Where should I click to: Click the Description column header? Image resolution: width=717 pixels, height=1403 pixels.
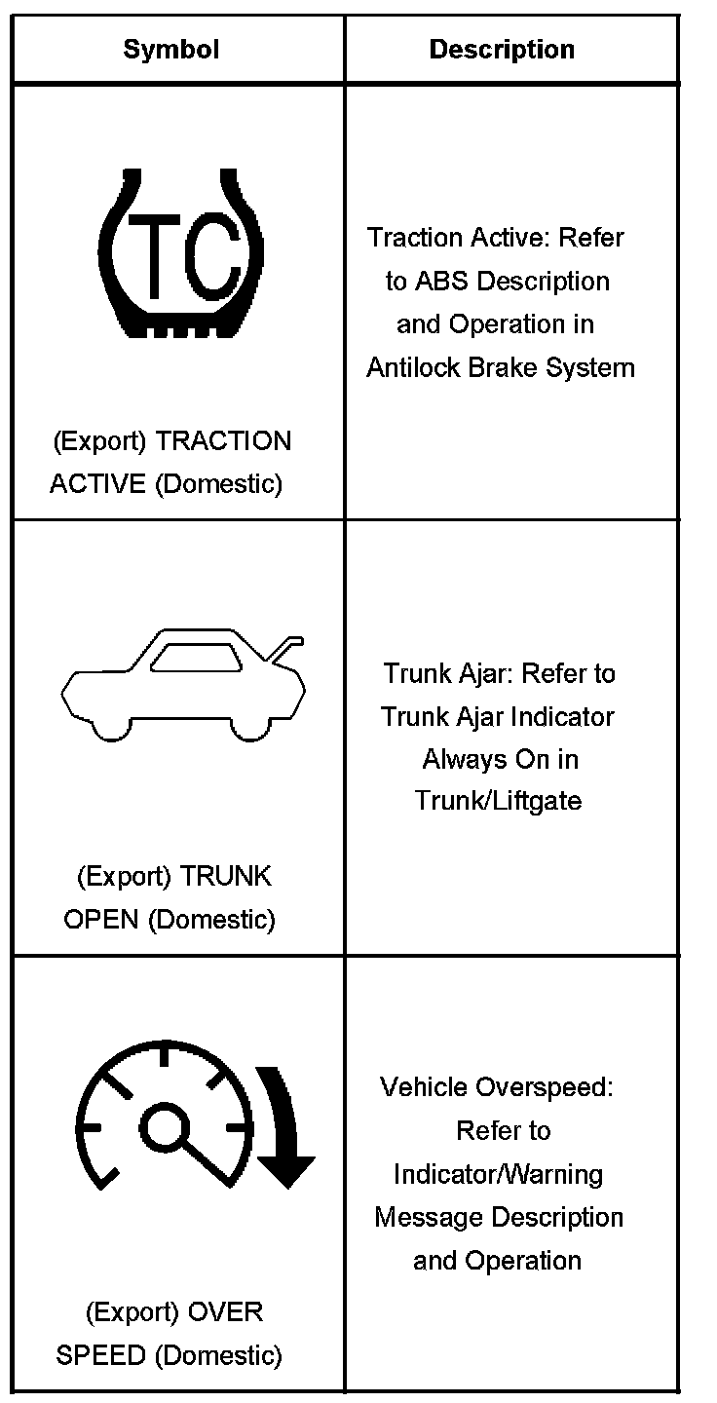pos(502,50)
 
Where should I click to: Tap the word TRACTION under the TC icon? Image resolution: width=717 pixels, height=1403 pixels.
pos(223,442)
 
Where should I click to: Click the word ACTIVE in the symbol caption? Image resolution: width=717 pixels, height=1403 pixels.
pos(98,484)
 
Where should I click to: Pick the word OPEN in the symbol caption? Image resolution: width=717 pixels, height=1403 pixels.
pos(101,920)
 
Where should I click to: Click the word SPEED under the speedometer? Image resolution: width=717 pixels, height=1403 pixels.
pos(101,1355)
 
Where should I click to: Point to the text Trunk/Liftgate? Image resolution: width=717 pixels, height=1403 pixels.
pos(498,801)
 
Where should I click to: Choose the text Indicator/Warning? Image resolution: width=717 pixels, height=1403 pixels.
pos(498,1174)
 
